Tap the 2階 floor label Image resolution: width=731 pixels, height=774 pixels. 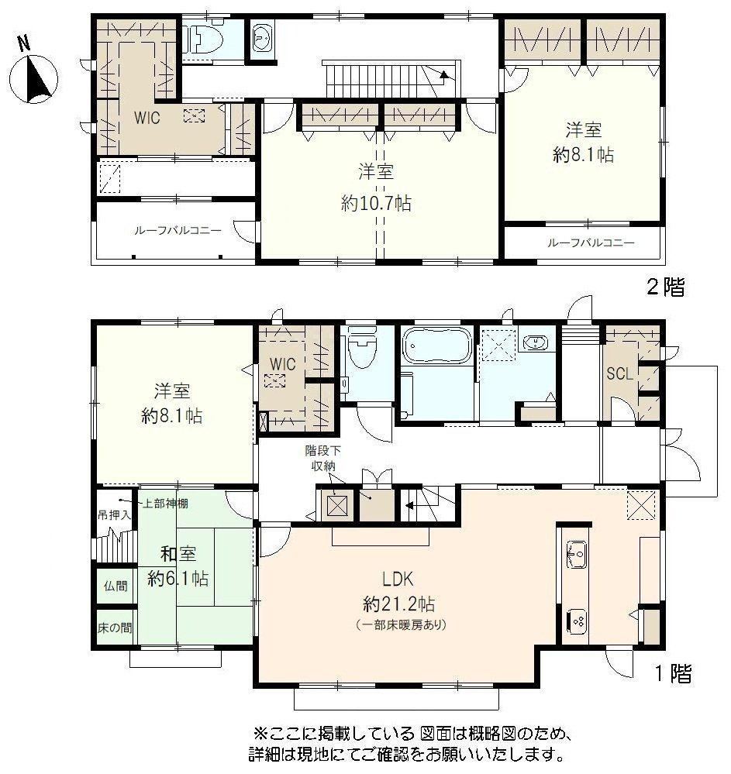666,287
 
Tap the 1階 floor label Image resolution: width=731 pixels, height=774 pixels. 673,673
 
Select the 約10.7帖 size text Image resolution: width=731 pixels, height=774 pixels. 376,203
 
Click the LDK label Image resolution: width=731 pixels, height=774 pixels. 398,578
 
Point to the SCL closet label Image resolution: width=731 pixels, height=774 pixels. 620,373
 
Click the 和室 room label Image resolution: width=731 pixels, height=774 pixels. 178,553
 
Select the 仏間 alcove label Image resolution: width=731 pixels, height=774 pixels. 116,586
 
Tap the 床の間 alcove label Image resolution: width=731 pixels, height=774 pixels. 115,628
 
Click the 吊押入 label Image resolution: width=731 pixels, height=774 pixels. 114,515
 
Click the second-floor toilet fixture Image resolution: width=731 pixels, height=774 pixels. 202,40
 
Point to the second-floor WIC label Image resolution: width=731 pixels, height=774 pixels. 147,118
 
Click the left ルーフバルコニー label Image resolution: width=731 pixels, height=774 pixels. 178,231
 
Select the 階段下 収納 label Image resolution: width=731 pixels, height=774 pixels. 322,458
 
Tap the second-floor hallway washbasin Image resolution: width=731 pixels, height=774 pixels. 260,39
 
